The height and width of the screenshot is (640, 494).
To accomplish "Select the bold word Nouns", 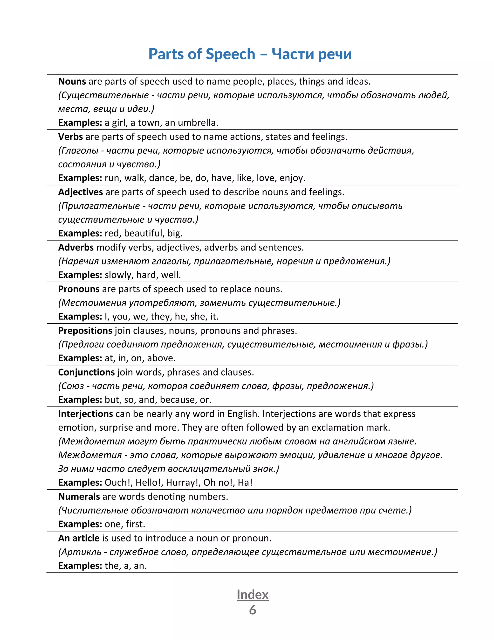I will click(72, 81).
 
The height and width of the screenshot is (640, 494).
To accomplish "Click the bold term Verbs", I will click(70, 137).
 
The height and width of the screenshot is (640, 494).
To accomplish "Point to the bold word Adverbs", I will click(76, 248).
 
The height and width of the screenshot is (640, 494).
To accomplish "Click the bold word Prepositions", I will click(85, 331).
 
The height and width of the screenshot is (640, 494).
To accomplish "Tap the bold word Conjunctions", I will click(86, 372).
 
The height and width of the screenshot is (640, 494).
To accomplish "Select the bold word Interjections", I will click(85, 414).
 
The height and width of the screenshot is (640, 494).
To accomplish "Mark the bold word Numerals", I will click(79, 497).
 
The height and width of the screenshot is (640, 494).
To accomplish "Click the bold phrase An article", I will click(79, 538).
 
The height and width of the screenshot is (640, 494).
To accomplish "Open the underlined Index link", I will click(253, 595).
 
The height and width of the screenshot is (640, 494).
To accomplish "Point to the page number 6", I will click(253, 610).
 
